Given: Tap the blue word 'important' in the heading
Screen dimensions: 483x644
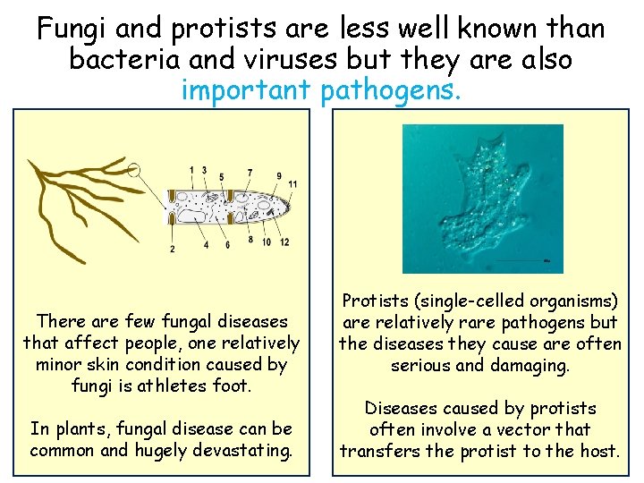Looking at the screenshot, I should click(244, 89).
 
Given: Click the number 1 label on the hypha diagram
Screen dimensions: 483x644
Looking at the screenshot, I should click(191, 170).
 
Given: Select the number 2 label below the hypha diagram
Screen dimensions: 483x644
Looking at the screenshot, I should click(172, 249).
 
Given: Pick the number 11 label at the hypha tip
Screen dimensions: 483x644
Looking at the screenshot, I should click(292, 184).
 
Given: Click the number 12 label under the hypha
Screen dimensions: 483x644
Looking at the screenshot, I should click(284, 242).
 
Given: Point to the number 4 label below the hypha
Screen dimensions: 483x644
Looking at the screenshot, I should click(206, 244).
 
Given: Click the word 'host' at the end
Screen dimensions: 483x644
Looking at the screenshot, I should click(597, 450).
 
